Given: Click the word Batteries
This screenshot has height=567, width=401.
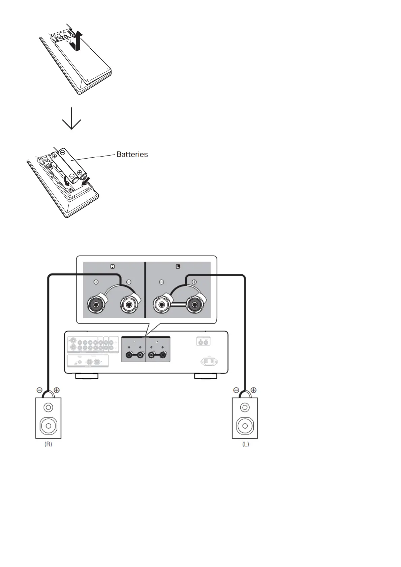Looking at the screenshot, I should tap(132, 154).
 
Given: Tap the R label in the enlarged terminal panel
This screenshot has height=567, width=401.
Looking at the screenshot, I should tap(113, 266).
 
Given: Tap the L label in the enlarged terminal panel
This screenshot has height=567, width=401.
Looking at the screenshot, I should tap(178, 266).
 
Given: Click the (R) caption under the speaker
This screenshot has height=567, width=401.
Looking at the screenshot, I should tap(48, 444).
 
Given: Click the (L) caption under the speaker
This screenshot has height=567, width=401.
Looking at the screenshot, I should tap(245, 444).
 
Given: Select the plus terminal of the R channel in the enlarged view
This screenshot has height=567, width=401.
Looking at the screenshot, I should tap(96, 305).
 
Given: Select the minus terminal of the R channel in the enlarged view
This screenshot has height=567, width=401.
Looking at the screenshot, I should tap(129, 305).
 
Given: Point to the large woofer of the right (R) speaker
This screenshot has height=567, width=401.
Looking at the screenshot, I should tap(48, 426).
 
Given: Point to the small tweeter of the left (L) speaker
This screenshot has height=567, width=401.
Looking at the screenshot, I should tap(245, 408).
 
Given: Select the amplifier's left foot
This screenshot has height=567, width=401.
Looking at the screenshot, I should tap(87, 376).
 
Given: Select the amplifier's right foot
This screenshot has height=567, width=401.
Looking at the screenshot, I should tap(206, 376).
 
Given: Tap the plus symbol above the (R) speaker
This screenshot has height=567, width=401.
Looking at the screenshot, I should tap(57, 390).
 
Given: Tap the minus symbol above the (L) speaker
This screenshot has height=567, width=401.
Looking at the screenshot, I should tap(236, 390).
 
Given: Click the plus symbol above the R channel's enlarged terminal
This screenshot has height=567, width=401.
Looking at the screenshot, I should tap(96, 282).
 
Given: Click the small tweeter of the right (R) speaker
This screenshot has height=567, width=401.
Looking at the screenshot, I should tap(48, 408).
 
